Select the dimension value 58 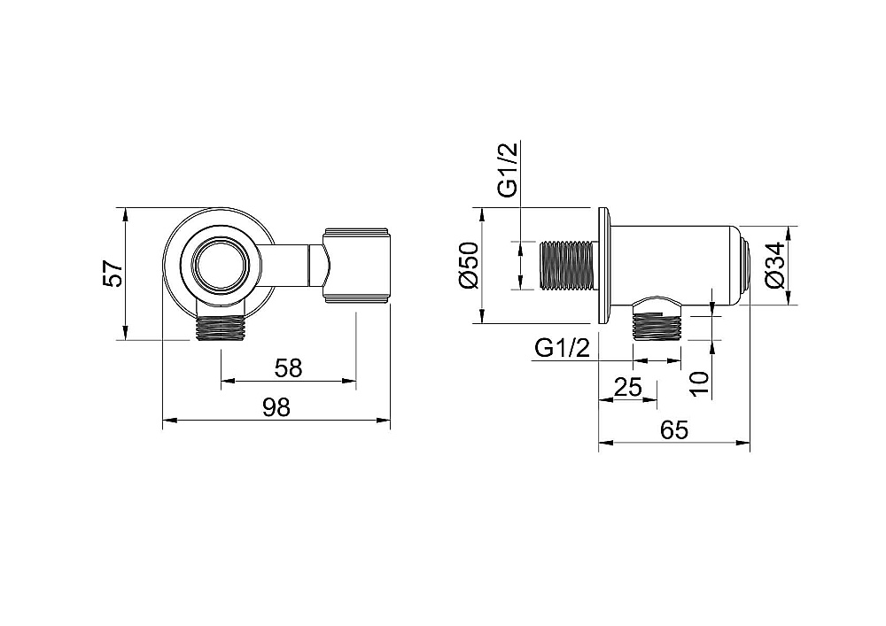click(x=288, y=368)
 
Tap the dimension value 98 click(x=276, y=407)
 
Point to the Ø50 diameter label click(x=469, y=266)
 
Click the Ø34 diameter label click(x=775, y=266)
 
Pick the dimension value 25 click(x=628, y=387)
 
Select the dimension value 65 click(x=674, y=430)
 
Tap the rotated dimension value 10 click(x=700, y=384)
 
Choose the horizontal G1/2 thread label click(x=563, y=348)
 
